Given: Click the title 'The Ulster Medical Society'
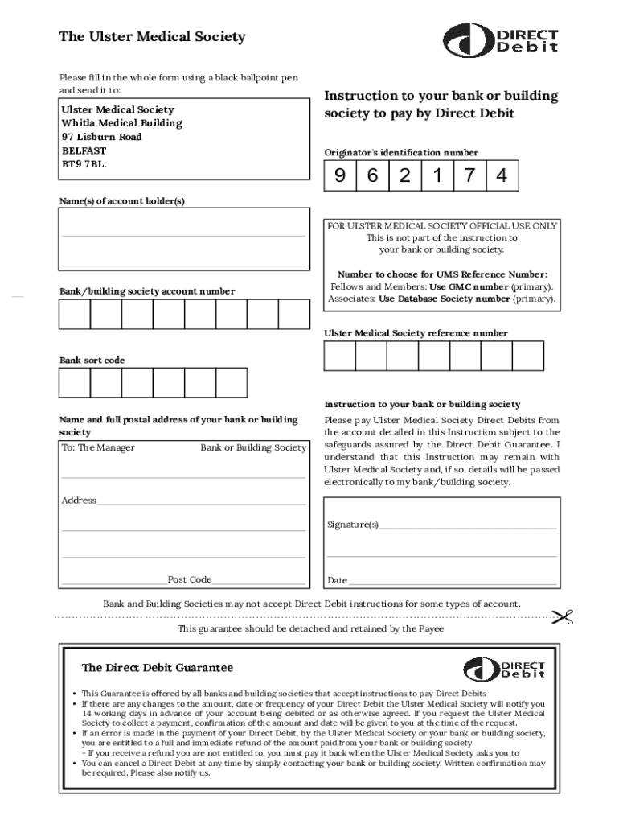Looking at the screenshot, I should click(x=152, y=37).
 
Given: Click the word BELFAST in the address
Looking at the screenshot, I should click(x=84, y=150).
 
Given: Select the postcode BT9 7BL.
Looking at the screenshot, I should click(x=84, y=164).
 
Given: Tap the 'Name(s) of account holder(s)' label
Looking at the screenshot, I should click(x=122, y=200).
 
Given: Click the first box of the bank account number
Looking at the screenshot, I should click(x=75, y=315).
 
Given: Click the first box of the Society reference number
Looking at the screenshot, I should click(x=339, y=356).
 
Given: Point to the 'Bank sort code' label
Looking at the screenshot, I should click(x=92, y=360).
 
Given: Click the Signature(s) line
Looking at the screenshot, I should click(x=466, y=525).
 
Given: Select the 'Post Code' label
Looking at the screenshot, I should click(x=189, y=579).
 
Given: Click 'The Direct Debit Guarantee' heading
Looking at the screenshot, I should click(x=158, y=668).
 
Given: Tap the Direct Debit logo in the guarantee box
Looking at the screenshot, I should click(x=505, y=669).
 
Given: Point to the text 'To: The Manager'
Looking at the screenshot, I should click(x=98, y=447).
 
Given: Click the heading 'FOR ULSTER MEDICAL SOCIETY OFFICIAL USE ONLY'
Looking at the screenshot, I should click(x=442, y=226).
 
